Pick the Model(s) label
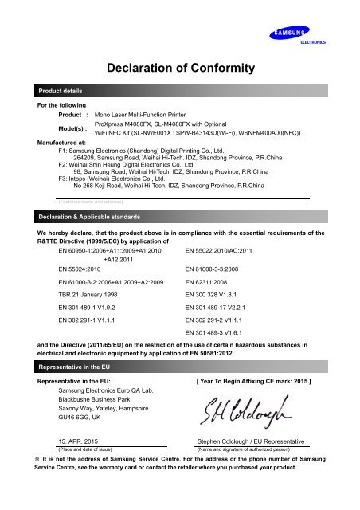(47, 129)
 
